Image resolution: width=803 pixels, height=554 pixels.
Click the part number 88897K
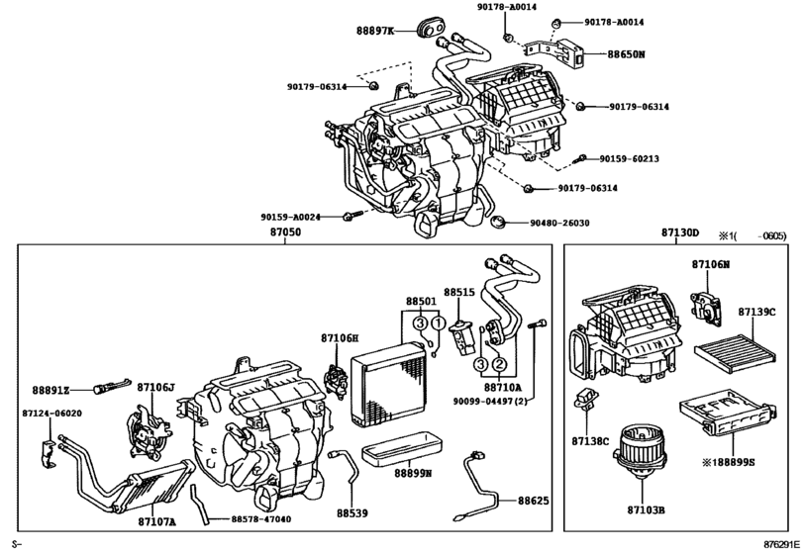point(375,31)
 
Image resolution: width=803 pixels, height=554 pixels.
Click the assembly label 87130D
point(680,233)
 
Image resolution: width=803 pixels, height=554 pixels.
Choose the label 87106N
point(710,264)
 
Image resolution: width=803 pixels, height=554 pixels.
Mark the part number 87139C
point(756,313)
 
